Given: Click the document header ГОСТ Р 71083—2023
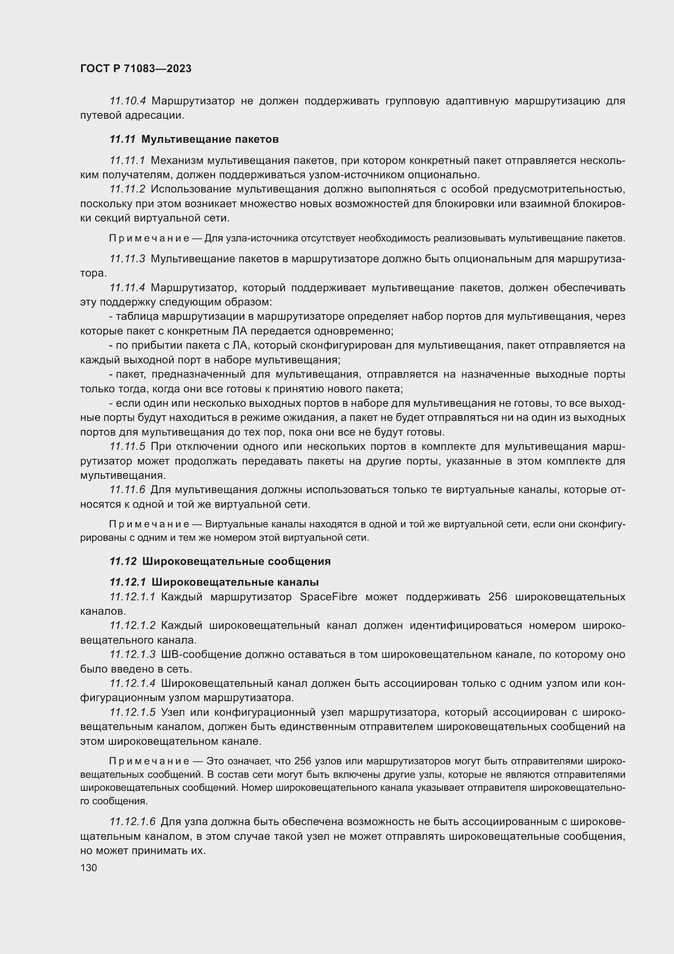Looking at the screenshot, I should point(136,69).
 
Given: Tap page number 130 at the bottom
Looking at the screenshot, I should point(88,868).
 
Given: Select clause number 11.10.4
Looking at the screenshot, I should point(128,101).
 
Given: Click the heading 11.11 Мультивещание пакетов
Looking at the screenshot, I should point(194,139).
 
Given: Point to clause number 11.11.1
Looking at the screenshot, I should point(127,160).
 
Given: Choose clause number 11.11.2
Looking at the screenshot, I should point(127,189).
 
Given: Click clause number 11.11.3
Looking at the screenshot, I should point(127,259).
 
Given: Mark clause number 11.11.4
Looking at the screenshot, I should point(127,288).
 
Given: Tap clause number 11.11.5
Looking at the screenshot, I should point(127,447).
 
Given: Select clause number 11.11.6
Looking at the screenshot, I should point(127,490).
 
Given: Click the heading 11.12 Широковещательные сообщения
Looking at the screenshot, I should point(220,561).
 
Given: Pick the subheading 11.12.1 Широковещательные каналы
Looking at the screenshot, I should point(214,582).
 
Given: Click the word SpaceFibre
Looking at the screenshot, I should point(328,597).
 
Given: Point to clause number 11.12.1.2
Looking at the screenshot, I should point(132,625).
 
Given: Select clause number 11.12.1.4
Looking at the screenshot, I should point(132,683).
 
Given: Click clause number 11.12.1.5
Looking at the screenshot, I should point(132,712).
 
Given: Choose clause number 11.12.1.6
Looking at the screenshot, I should point(132,821).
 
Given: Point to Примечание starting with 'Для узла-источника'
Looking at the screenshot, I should point(149,239).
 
